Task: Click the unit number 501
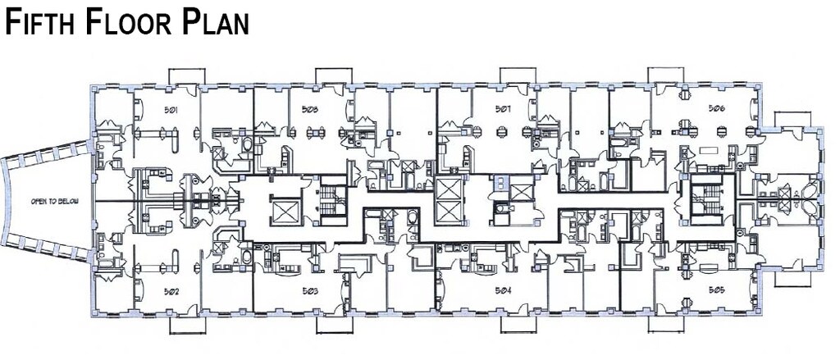(x=148, y=109)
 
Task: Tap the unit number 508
(x=310, y=109)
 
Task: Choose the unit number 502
(x=148, y=290)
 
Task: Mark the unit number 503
(x=310, y=290)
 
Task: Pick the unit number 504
(x=503, y=290)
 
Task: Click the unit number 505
(x=717, y=290)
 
